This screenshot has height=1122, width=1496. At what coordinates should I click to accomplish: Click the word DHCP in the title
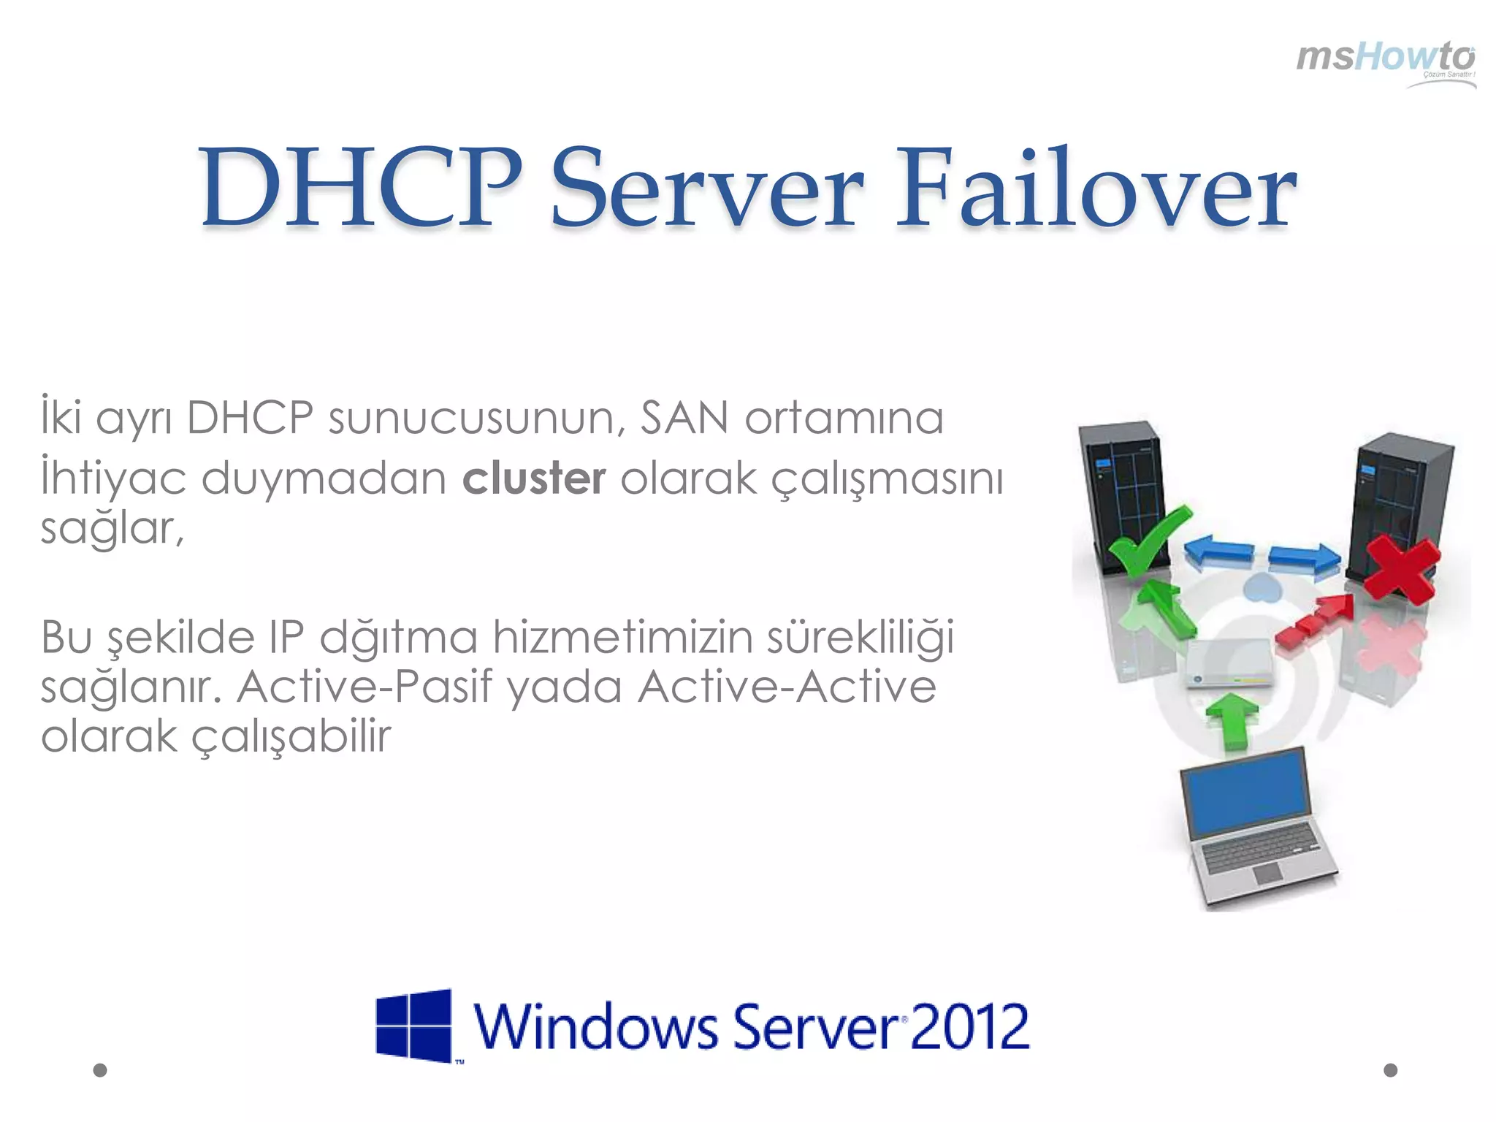tap(361, 188)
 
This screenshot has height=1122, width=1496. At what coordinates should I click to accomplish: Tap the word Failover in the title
tap(1095, 188)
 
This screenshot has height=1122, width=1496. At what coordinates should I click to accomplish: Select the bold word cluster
tap(534, 478)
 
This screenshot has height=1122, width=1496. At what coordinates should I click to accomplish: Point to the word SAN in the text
tap(684, 419)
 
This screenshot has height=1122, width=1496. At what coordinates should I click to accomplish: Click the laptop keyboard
tap(1259, 848)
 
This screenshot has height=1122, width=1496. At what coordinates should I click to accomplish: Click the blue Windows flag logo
tap(414, 1026)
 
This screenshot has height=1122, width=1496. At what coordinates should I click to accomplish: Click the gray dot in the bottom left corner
tap(101, 1070)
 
